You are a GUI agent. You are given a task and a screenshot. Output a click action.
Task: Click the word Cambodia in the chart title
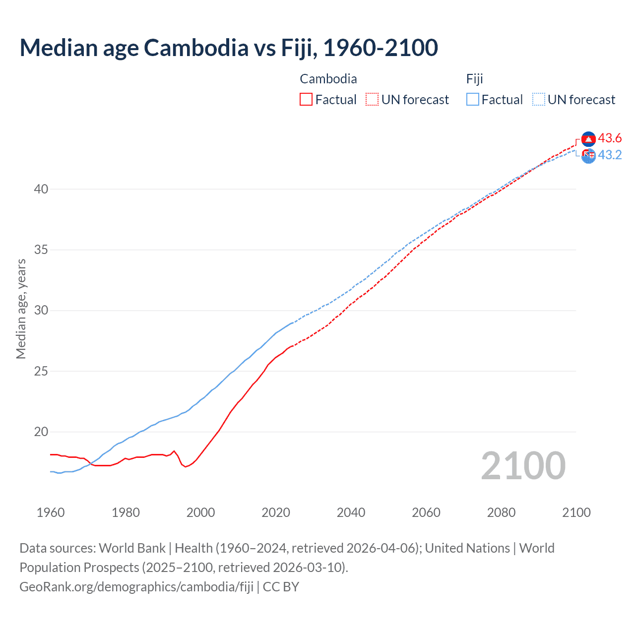(x=196, y=48)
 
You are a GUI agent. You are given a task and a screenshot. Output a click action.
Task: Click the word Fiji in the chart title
(x=300, y=48)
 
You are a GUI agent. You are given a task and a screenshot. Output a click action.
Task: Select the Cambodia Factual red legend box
(x=306, y=100)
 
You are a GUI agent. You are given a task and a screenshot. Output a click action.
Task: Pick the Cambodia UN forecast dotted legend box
(x=372, y=100)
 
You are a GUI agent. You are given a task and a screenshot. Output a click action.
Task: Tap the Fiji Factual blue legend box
(x=473, y=100)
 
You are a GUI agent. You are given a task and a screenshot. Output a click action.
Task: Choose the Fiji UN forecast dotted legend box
(x=539, y=100)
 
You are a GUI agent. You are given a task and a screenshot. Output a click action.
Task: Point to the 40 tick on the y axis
(x=41, y=189)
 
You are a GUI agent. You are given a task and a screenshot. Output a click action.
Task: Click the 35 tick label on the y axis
(x=41, y=250)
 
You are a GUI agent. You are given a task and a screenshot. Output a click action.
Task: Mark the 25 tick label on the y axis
(x=41, y=371)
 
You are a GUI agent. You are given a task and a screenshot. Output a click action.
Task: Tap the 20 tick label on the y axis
(x=41, y=432)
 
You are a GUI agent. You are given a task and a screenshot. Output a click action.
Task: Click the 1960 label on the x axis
(x=51, y=512)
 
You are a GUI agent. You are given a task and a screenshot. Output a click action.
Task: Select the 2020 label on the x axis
(x=276, y=512)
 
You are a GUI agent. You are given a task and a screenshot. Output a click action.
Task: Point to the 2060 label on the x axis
(x=426, y=512)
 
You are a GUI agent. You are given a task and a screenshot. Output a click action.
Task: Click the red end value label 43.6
(x=610, y=138)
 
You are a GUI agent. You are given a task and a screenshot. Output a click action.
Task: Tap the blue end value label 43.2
(x=610, y=155)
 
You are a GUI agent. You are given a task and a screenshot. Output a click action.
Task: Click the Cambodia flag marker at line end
(x=588, y=139)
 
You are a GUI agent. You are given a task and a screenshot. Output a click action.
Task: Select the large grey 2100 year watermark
(x=523, y=465)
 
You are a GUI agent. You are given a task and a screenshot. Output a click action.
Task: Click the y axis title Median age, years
(x=21, y=309)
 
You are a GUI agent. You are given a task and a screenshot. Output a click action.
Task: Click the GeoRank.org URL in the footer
(x=136, y=587)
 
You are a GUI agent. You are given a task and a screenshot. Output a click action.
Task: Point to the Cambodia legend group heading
(x=328, y=79)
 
